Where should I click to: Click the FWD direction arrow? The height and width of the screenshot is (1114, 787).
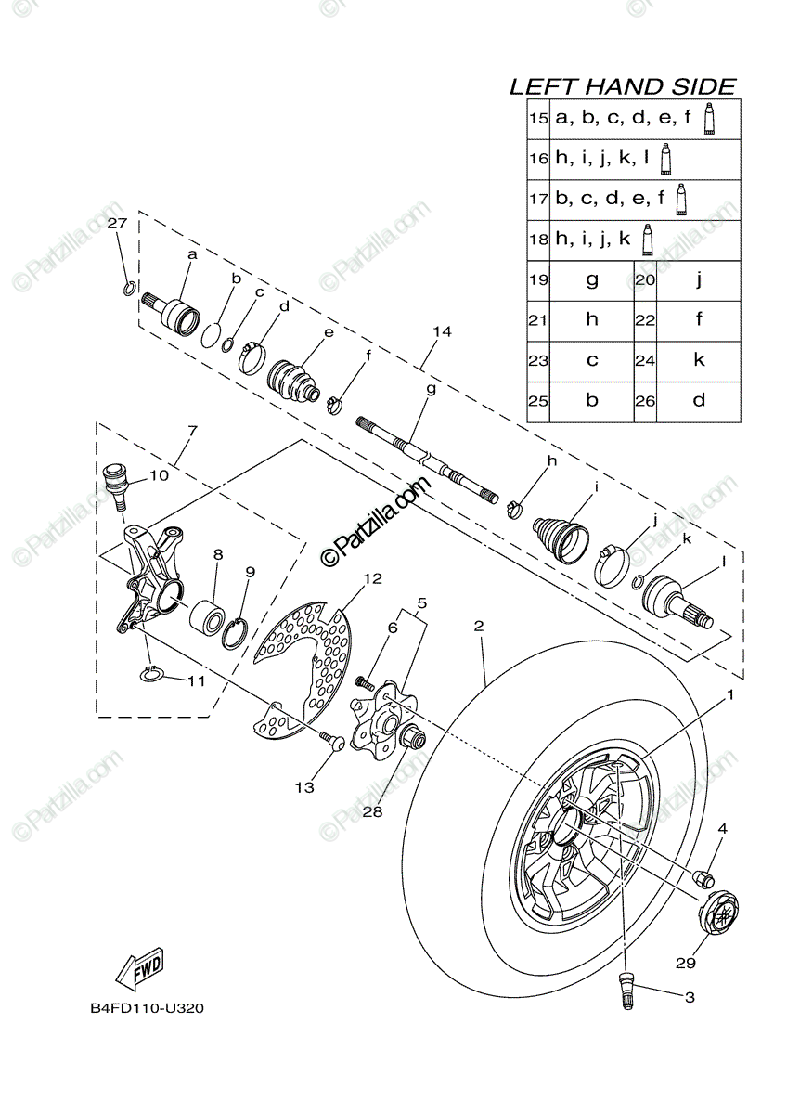tap(139, 970)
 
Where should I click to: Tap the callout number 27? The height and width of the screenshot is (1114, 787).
tap(115, 224)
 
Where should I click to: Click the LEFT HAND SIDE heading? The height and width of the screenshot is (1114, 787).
tap(623, 87)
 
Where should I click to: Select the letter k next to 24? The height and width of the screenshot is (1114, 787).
tap(699, 360)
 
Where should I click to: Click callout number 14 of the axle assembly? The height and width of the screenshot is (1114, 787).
tap(442, 331)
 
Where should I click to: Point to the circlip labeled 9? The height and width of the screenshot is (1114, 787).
tap(236, 630)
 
